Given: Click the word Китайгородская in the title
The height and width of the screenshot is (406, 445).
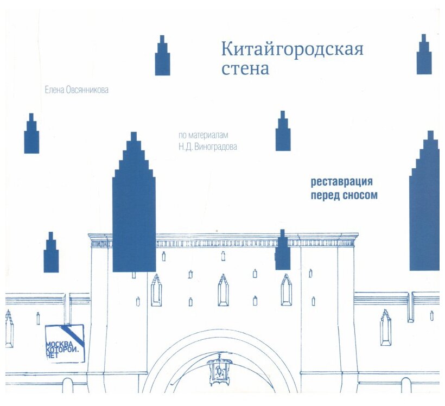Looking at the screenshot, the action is [x=291, y=49].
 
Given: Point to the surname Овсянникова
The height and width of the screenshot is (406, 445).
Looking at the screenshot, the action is [x=87, y=90].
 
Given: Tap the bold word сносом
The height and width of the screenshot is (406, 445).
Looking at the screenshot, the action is [x=359, y=195].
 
